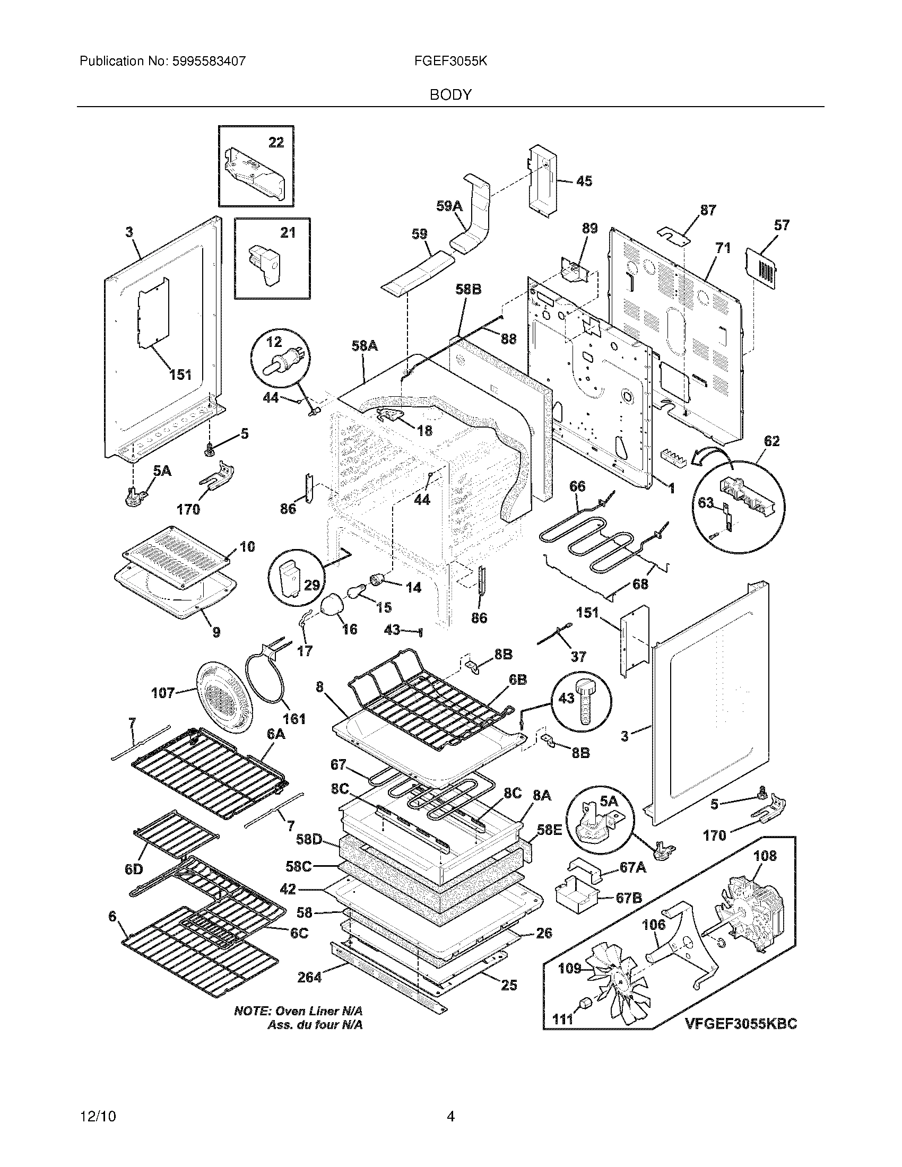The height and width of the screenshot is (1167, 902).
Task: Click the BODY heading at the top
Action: pyautogui.click(x=450, y=95)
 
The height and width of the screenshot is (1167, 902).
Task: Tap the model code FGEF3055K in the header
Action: pyautogui.click(x=450, y=62)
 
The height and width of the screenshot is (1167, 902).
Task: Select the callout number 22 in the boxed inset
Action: pyautogui.click(x=276, y=142)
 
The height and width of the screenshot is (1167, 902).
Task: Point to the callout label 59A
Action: pyautogui.click(x=449, y=206)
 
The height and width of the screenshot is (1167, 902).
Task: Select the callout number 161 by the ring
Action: pyautogui.click(x=294, y=719)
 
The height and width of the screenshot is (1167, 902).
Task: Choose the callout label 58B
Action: pyautogui.click(x=468, y=289)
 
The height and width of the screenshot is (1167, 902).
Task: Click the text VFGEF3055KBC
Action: pyautogui.click(x=741, y=1023)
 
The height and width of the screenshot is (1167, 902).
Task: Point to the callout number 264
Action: pyautogui.click(x=309, y=977)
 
